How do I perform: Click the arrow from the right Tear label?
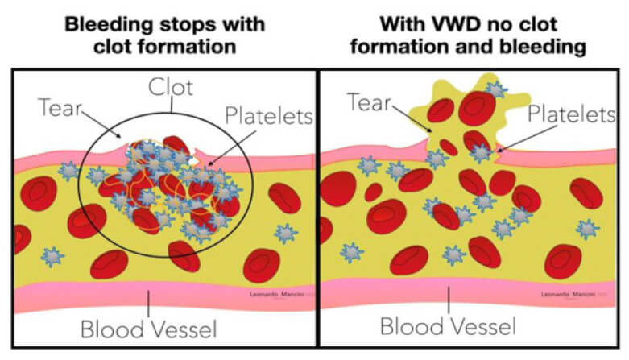(x=415, y=118)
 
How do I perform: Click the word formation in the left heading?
(x=183, y=45)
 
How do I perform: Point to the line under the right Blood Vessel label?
(x=448, y=301)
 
